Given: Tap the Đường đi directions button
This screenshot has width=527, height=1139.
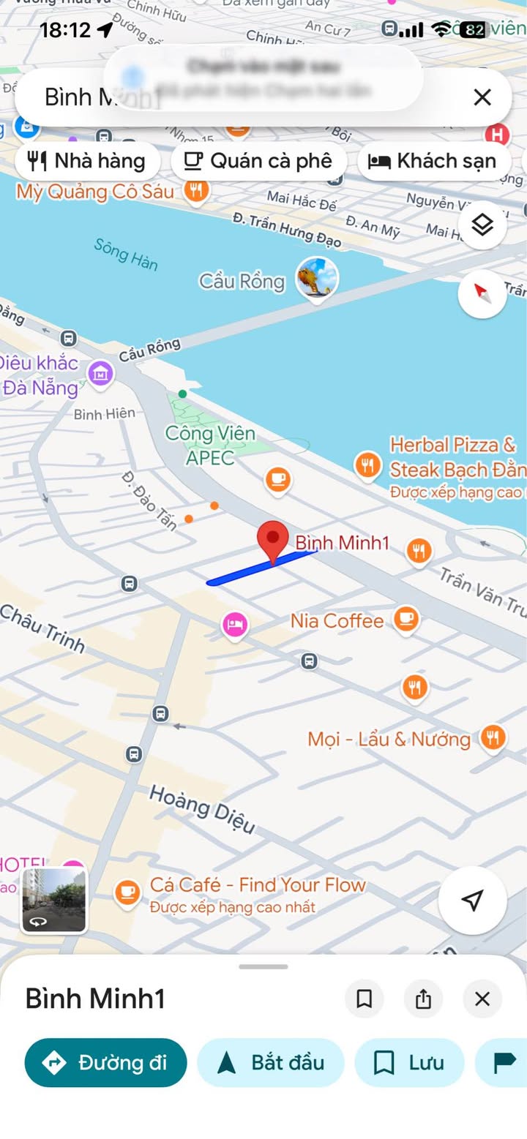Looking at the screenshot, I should [105, 1062].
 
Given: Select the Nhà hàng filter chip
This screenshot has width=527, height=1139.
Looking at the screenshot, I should [87, 161].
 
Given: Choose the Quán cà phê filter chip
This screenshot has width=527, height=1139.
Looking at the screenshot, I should [258, 161].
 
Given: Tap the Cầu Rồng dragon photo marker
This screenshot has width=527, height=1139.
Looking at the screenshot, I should [317, 279].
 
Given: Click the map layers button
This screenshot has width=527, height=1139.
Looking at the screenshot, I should [482, 225].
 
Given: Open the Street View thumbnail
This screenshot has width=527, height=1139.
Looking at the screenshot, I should [54, 901].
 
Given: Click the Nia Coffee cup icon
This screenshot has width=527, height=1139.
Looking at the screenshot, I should [406, 619].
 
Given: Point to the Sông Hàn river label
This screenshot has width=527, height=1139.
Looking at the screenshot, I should [125, 253].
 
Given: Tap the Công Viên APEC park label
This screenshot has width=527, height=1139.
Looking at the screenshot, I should [210, 445].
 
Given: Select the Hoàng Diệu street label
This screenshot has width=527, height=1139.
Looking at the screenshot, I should [202, 809].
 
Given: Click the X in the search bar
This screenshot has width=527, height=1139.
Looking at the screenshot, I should [482, 97].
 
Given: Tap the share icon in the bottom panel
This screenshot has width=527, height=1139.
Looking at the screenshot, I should [423, 999].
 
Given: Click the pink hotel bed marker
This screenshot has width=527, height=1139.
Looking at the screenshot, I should [234, 625].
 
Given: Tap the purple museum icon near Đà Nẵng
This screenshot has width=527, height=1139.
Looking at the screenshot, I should [100, 374].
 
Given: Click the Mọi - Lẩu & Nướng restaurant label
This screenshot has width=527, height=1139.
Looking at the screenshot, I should [389, 739].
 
